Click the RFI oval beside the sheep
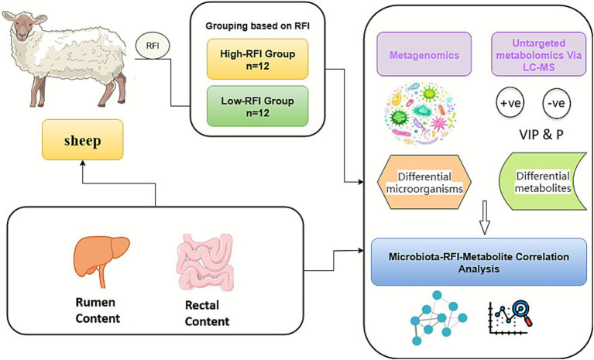point(153,46)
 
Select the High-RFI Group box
point(258,60)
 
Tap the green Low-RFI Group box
point(258,106)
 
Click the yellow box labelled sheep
point(83,140)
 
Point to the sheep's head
point(23,25)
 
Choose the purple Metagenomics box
point(424,54)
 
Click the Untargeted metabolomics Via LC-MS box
point(539,54)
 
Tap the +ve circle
point(510,103)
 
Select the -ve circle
point(557,103)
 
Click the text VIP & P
point(541,135)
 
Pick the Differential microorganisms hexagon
point(424,182)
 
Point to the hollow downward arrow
point(485,218)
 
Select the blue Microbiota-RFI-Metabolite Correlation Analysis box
point(479,262)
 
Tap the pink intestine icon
point(205,262)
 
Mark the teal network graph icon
point(438,318)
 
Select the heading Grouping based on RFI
point(258,26)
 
